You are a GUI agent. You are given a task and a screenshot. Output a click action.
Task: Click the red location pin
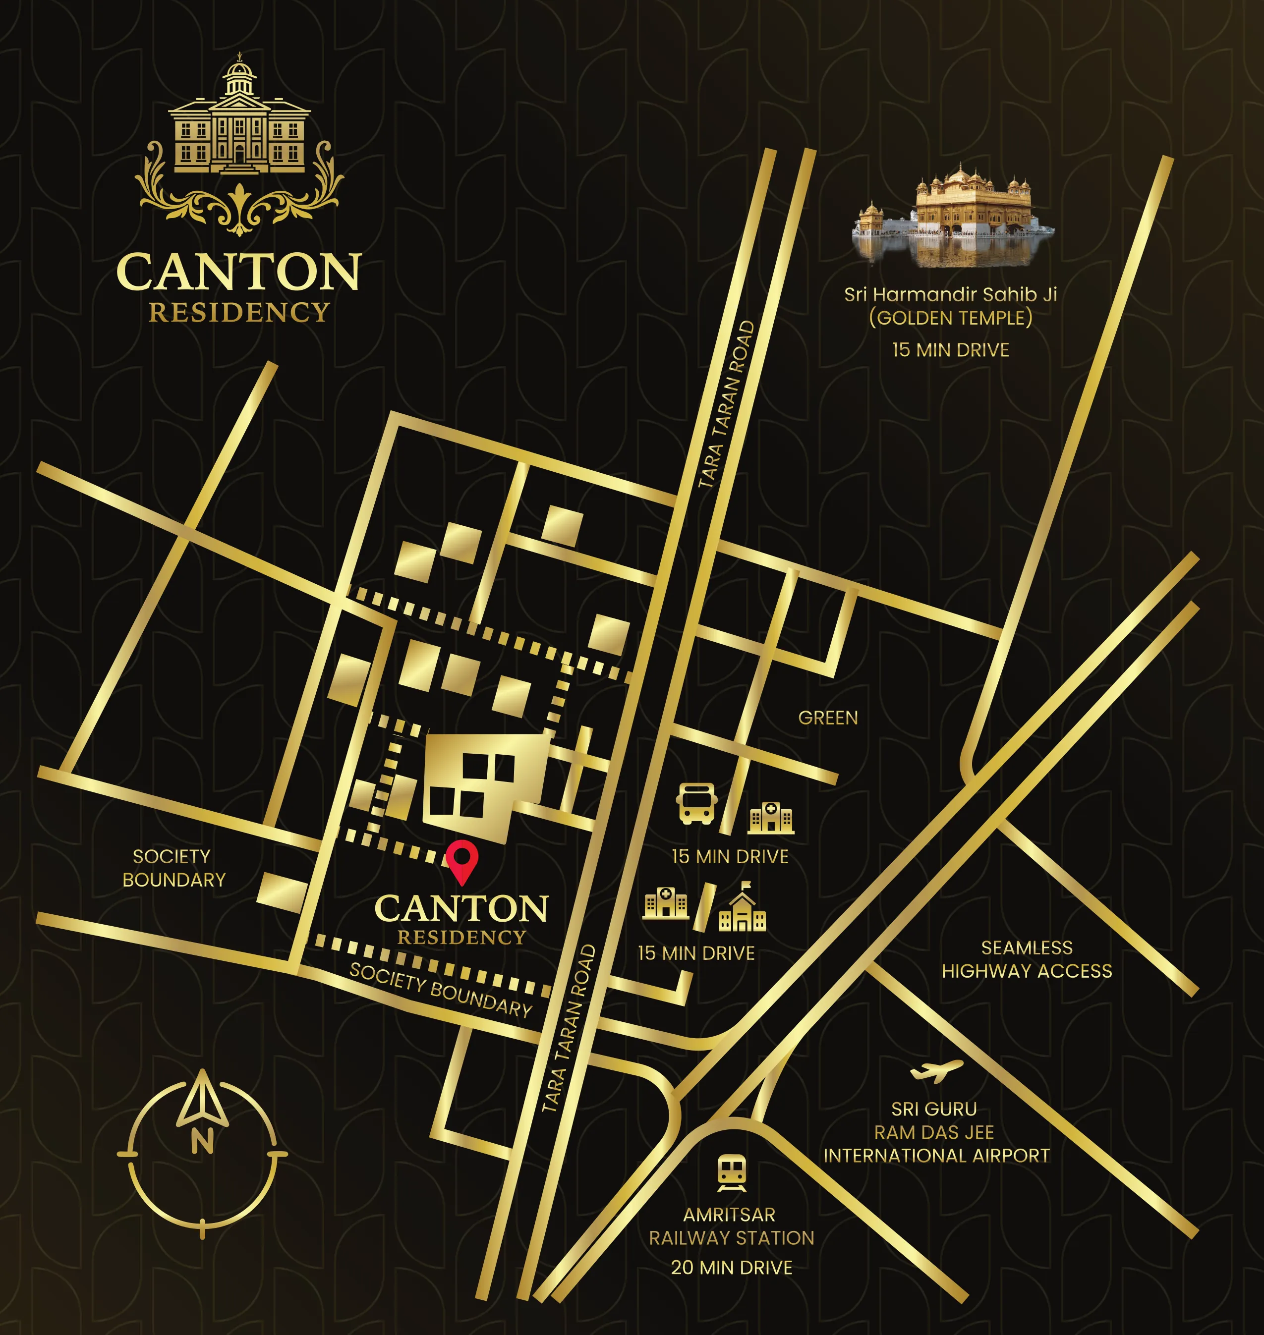pyautogui.click(x=461, y=861)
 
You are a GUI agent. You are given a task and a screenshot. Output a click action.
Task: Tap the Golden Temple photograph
pyautogui.click(x=953, y=214)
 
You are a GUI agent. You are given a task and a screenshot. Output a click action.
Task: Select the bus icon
pyautogui.click(x=696, y=803)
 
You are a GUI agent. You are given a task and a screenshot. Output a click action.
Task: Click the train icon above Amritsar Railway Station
pyautogui.click(x=732, y=1172)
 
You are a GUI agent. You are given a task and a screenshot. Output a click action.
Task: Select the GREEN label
pyautogui.click(x=828, y=718)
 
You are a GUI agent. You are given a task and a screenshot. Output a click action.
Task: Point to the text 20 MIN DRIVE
pyautogui.click(x=731, y=1268)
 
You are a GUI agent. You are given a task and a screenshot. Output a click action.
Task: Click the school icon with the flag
pyautogui.click(x=743, y=909)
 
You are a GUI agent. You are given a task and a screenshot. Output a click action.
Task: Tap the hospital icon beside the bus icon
pyautogui.click(x=771, y=818)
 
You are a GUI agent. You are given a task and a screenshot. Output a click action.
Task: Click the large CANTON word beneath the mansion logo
pyautogui.click(x=238, y=272)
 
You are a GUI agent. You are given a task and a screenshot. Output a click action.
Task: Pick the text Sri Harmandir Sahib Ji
pyautogui.click(x=950, y=294)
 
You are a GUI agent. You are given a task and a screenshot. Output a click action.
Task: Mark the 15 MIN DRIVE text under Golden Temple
pyautogui.click(x=950, y=350)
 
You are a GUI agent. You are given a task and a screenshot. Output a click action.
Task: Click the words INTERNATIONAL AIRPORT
pyautogui.click(x=936, y=1156)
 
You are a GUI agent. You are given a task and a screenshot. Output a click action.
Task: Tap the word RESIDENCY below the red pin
pyautogui.click(x=461, y=938)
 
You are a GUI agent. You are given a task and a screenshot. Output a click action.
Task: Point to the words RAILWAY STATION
pyautogui.click(x=731, y=1238)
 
